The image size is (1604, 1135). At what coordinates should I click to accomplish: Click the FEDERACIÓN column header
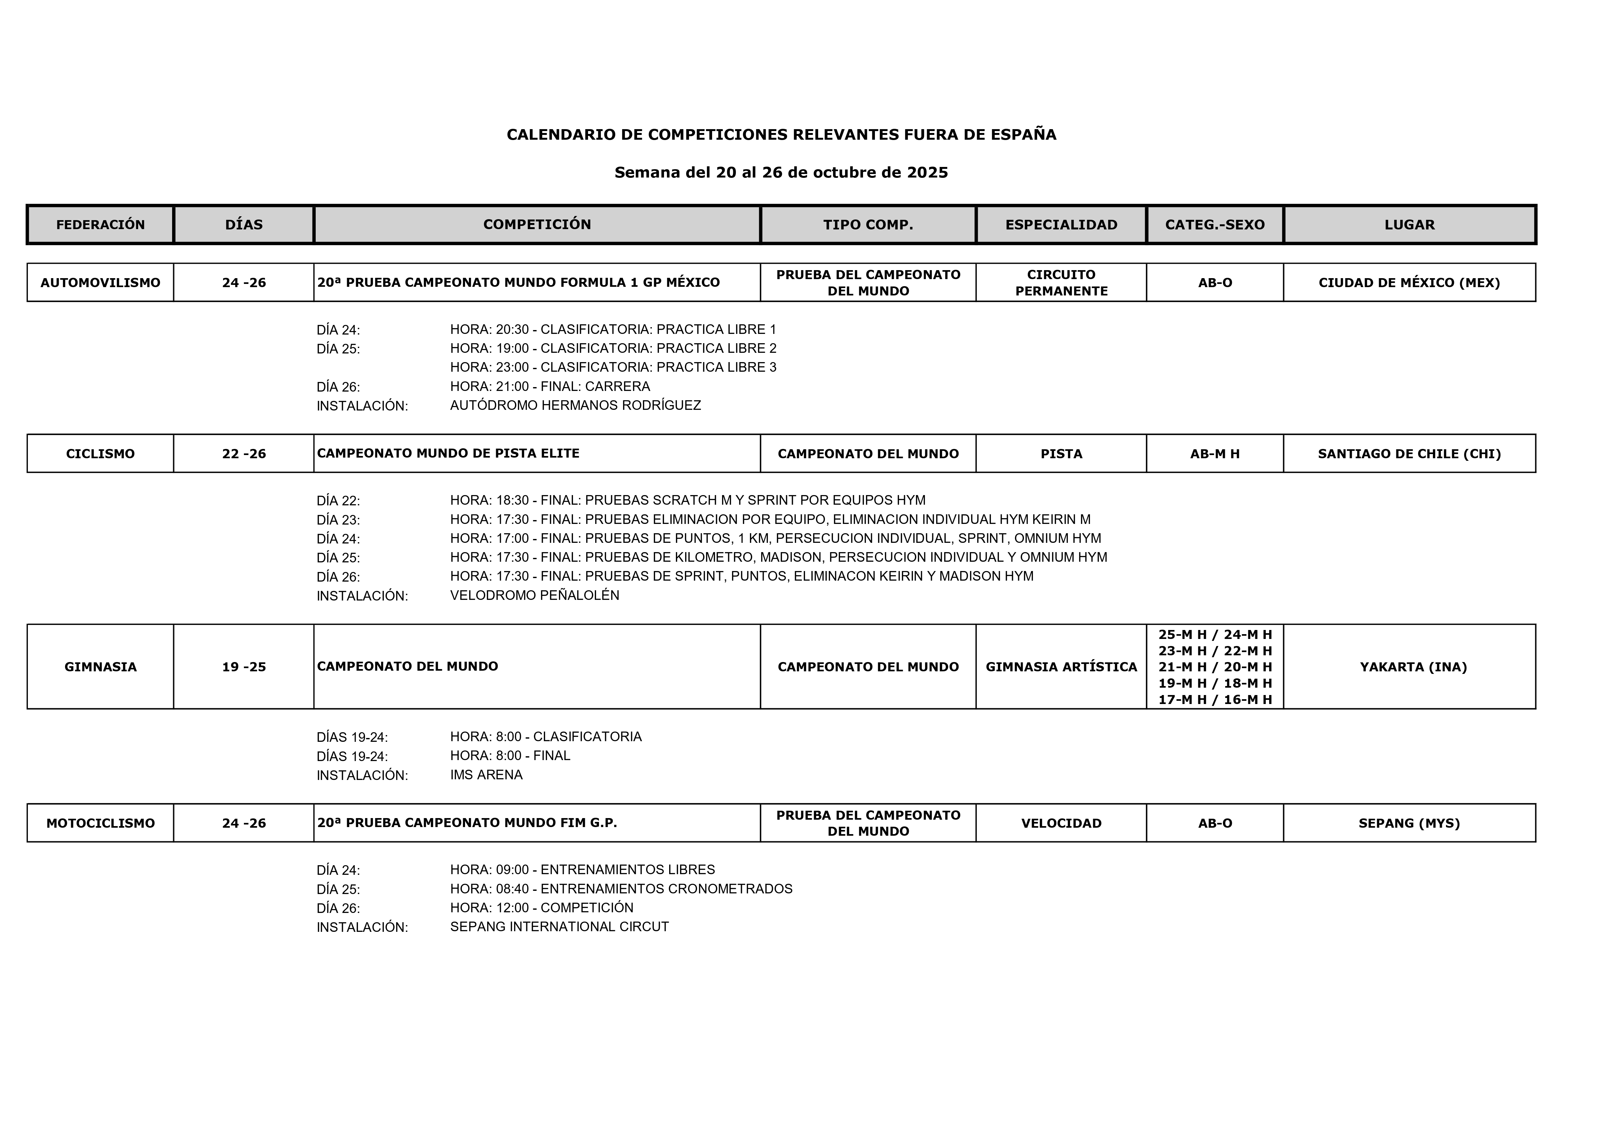(101, 224)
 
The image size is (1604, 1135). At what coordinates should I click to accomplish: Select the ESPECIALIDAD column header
(1061, 224)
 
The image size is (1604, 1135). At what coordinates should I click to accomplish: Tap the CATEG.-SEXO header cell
(1215, 224)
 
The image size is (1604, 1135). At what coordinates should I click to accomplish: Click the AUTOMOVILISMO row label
(101, 282)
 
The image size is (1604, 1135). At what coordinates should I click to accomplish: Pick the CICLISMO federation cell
(101, 453)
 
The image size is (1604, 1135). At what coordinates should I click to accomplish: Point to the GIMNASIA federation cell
(101, 667)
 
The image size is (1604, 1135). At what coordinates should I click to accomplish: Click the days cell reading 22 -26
(244, 453)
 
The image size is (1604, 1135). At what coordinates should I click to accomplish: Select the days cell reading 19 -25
(244, 667)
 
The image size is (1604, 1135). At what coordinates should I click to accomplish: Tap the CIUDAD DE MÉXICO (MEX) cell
(1409, 282)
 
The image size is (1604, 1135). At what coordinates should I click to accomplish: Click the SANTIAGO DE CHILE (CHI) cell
(1409, 453)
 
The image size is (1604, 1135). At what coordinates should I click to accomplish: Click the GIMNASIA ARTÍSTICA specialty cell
(1061, 667)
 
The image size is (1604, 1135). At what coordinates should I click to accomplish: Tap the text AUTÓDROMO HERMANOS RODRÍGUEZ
(575, 405)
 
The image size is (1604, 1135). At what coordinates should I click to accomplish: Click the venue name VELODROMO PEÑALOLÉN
(535, 595)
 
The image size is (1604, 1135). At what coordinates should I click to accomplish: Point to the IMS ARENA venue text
(486, 775)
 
